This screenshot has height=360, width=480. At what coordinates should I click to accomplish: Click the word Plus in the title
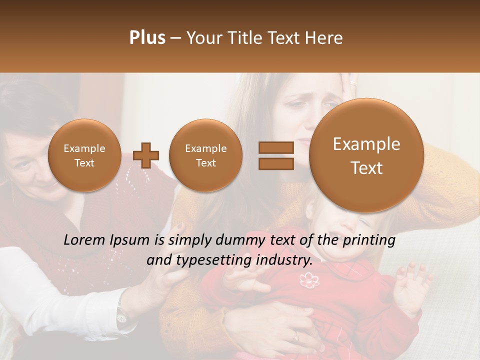coord(147,38)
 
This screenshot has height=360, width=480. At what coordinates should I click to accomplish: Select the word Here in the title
coord(325,38)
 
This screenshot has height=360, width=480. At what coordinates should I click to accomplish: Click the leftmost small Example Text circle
coord(84,155)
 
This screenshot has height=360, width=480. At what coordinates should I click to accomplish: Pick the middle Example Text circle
coord(205,155)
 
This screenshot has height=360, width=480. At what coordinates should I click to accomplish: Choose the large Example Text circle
coord(366,155)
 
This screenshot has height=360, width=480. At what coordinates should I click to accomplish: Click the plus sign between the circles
coord(145,155)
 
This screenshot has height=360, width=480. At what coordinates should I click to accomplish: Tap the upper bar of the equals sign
coord(275,147)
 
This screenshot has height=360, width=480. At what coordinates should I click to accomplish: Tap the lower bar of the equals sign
coord(275,163)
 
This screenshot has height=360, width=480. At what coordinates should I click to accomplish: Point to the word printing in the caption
coord(369,240)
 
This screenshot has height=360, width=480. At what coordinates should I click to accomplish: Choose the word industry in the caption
coord(285,260)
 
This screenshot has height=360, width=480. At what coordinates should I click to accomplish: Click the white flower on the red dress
coord(309,280)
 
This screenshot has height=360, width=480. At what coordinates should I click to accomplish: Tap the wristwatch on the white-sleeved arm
coord(121,314)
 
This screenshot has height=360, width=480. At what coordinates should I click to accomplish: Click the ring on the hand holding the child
coord(296,337)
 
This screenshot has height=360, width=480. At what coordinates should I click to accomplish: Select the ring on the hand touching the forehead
coord(353,83)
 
